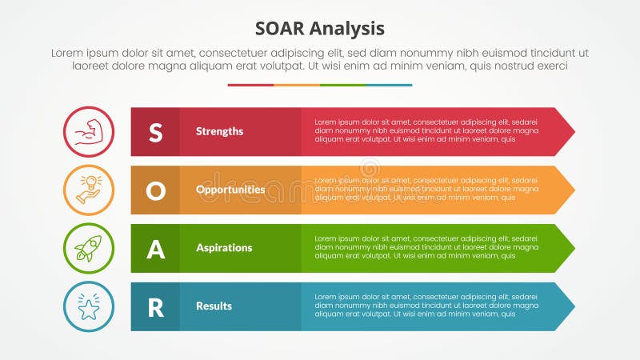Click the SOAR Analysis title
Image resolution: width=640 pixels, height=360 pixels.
pyautogui.click(x=320, y=28)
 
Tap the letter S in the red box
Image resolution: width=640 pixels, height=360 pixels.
pyautogui.click(x=155, y=132)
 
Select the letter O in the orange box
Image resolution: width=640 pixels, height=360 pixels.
pyautogui.click(x=155, y=190)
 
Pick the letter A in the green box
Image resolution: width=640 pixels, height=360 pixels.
pyautogui.click(x=155, y=249)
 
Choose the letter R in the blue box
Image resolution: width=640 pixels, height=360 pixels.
pyautogui.click(x=155, y=307)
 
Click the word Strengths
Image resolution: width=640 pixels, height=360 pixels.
pyautogui.click(x=219, y=131)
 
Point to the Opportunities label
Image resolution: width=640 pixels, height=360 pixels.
pyautogui.click(x=230, y=190)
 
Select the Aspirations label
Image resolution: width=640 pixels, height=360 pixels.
pyautogui.click(x=224, y=248)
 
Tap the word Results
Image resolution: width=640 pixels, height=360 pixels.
pyautogui.click(x=214, y=306)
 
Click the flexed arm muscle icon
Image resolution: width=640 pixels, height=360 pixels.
pyautogui.click(x=89, y=132)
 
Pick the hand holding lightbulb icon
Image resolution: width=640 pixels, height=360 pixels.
pyautogui.click(x=89, y=190)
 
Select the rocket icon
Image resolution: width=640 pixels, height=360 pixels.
pyautogui.click(x=89, y=249)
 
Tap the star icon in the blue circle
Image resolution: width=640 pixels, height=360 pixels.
pyautogui.click(x=89, y=307)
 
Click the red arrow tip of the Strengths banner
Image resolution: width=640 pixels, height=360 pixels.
pyautogui.click(x=566, y=132)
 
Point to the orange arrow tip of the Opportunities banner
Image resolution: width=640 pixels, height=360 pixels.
pyautogui.click(x=566, y=190)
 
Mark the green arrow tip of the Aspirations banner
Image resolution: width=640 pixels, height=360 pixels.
pyautogui.click(x=566, y=249)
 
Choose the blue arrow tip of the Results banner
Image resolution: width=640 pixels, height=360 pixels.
pyautogui.click(x=566, y=307)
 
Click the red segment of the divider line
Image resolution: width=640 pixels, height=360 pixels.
pyautogui.click(x=250, y=85)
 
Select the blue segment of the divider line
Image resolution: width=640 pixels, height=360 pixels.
pyautogui.click(x=389, y=85)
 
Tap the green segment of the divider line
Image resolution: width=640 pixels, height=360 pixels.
pyautogui.click(x=343, y=85)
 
